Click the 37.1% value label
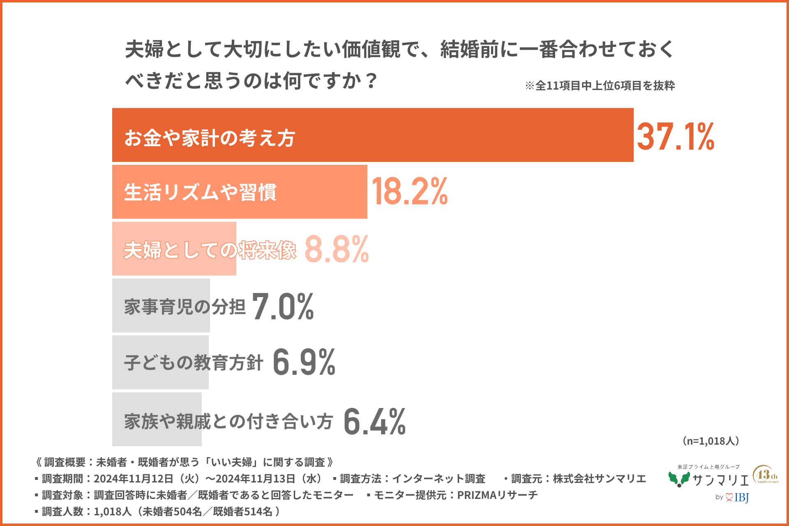675,136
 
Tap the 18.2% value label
409,192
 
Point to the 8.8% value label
337,249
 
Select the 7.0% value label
283,307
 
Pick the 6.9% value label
304,362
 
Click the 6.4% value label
374,422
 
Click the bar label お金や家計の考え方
210,138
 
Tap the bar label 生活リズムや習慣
200,192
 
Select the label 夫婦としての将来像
210,250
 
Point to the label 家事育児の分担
185,307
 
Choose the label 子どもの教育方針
194,363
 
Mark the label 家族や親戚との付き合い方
228,422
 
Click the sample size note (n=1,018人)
711,441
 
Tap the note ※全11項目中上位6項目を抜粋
600,85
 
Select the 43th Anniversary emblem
765,475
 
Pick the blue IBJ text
741,498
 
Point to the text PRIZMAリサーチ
497,495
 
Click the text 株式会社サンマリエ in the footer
599,479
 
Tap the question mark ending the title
371,81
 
